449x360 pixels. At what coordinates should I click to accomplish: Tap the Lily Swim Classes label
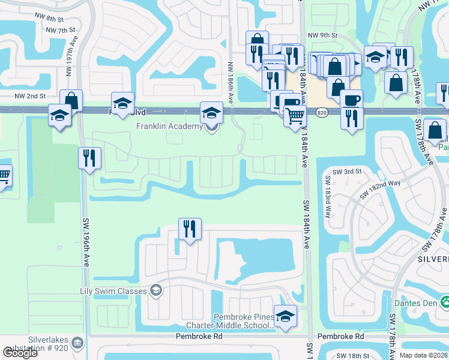pyautogui.click(x=113, y=292)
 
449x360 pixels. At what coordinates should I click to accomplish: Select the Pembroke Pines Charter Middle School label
pyautogui.click(x=243, y=321)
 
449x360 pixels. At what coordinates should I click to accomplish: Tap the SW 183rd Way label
pyautogui.click(x=328, y=197)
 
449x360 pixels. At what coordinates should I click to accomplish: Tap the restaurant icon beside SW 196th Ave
pyautogui.click(x=89, y=159)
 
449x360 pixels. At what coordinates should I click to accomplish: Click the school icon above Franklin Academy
pyautogui.click(x=211, y=112)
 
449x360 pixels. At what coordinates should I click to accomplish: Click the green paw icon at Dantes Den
pyautogui.click(x=445, y=301)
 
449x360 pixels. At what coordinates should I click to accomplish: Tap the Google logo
pyautogui.click(x=20, y=353)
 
